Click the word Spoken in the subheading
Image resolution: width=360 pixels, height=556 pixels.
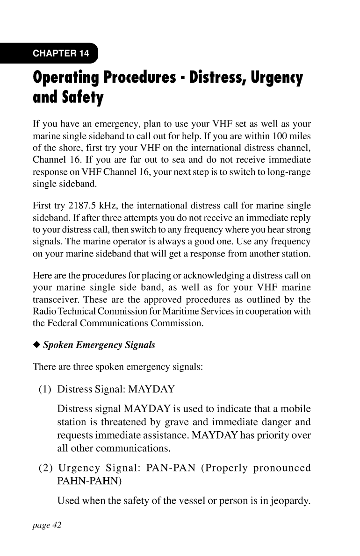click(58, 346)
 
